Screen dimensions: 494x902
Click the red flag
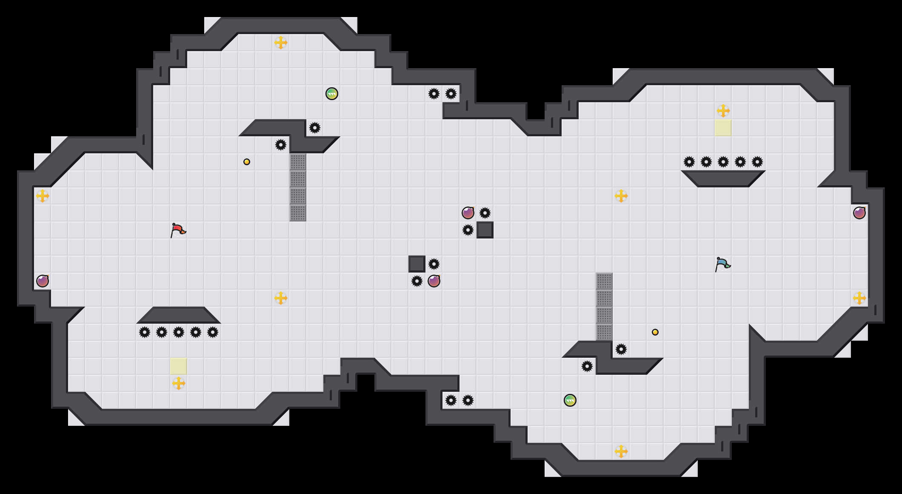[178, 230]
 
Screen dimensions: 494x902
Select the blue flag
[722, 264]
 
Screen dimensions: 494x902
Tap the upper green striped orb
[332, 94]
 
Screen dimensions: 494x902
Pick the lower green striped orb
[570, 400]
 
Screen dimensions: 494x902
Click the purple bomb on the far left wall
[43, 281]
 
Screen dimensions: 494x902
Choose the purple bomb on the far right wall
[859, 213]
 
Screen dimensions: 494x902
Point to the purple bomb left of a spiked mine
[468, 213]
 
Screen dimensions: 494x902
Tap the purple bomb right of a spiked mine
[434, 281]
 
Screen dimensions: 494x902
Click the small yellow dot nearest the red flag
[247, 162]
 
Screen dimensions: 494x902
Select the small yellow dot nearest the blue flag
[655, 332]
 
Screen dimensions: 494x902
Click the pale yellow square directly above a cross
[179, 366]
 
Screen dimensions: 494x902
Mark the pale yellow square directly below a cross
[723, 128]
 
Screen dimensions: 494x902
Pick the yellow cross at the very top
[281, 43]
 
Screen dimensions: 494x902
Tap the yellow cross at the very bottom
[621, 451]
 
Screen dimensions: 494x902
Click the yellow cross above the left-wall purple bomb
[43, 196]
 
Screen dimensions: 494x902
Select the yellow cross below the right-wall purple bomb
[859, 298]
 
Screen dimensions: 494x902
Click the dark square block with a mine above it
[485, 230]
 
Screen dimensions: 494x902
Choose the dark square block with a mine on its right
[417, 264]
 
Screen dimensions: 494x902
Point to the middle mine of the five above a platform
[723, 162]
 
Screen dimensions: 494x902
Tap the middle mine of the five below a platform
[179, 332]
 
